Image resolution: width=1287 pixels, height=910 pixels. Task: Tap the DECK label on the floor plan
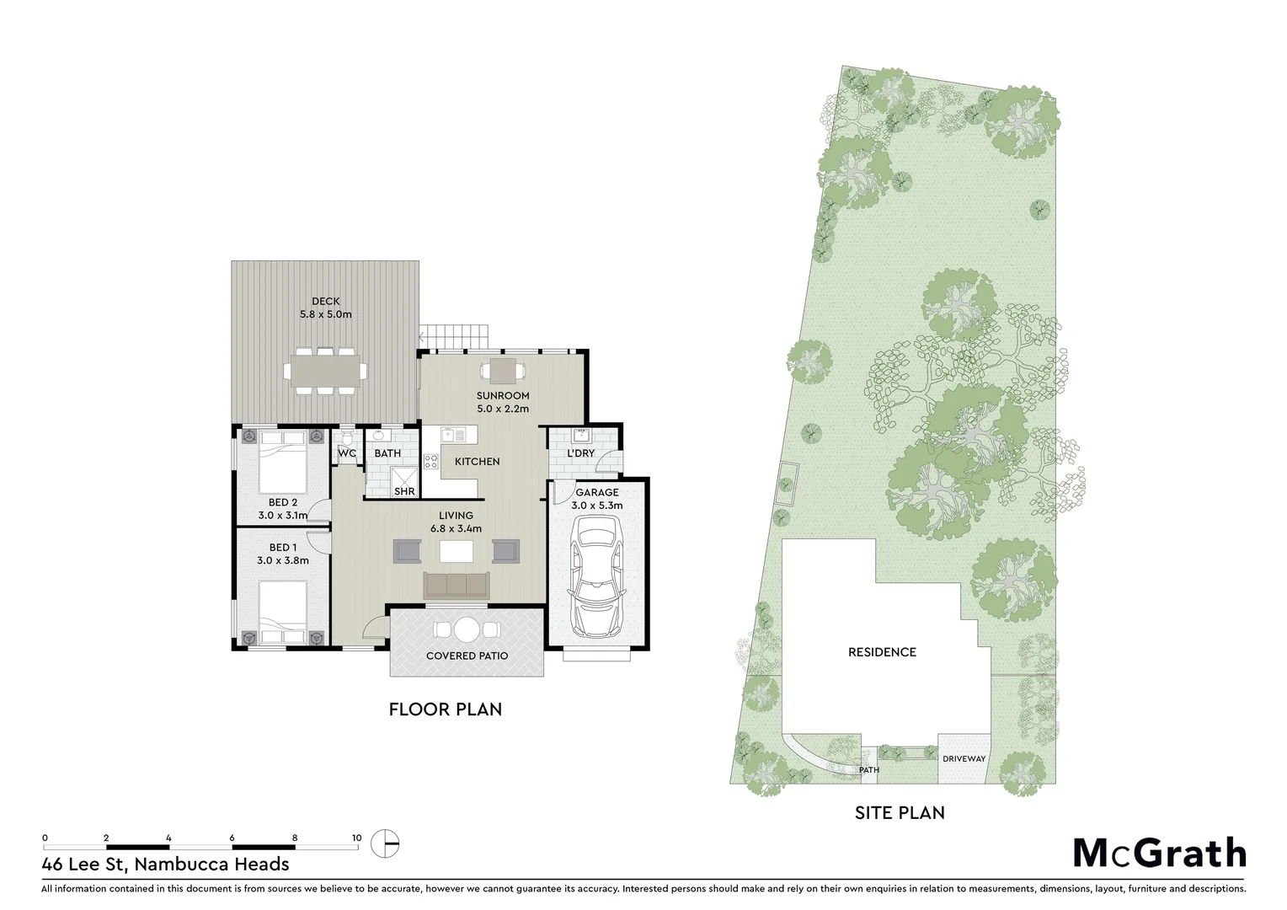point(325,302)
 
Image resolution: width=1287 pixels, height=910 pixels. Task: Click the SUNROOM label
point(503,396)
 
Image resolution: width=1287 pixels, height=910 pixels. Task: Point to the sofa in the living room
point(456,585)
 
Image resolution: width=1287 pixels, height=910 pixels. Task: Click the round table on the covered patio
point(467,629)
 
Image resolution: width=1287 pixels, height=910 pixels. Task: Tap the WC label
point(347,454)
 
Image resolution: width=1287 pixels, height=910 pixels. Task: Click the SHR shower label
point(404,491)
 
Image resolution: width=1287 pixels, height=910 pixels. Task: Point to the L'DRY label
point(580,453)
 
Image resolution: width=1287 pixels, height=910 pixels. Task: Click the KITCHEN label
point(477,462)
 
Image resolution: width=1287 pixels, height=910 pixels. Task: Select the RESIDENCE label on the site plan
point(882,652)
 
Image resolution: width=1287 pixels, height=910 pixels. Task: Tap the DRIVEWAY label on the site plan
point(964,758)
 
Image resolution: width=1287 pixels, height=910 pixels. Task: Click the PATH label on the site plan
point(869,770)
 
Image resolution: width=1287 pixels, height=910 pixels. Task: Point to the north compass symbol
point(386,841)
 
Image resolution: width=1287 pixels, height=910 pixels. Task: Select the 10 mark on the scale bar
point(356,838)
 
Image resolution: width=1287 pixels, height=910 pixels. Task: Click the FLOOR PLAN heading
point(445,709)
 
